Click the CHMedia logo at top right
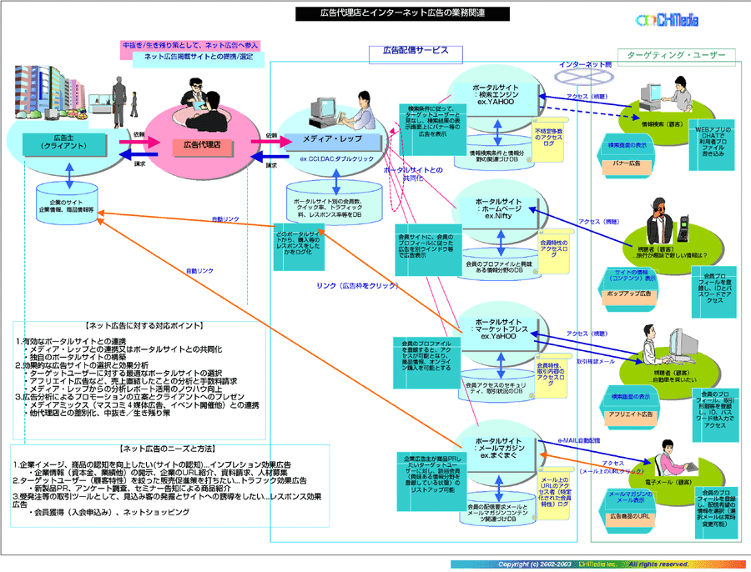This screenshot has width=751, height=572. tap(667, 19)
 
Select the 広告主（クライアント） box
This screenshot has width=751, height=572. tap(59, 142)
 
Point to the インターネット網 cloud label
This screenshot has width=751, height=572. tap(586, 64)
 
